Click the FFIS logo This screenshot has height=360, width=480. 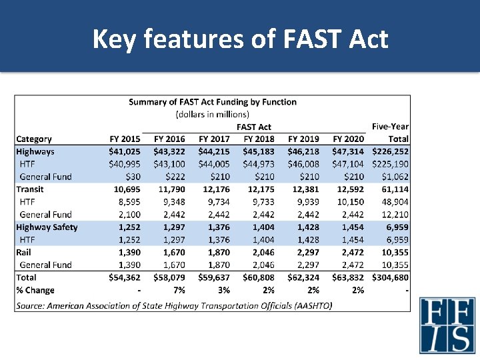[447, 325]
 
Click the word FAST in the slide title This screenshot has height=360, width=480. [311, 39]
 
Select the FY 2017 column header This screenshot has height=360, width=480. [214, 139]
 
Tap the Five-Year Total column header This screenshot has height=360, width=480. [390, 133]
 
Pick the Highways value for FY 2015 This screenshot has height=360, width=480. [124, 151]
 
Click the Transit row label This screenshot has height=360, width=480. [30, 189]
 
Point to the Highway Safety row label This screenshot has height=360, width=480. [47, 227]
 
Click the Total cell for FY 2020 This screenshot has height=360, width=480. [348, 277]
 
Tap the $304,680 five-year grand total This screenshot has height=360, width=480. [390, 277]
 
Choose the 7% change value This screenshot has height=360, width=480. [179, 290]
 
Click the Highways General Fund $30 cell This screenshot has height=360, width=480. [133, 177]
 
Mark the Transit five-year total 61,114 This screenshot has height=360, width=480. [395, 189]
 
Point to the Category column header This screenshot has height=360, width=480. [34, 139]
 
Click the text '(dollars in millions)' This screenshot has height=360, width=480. [213, 115]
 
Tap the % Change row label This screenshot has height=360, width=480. [35, 290]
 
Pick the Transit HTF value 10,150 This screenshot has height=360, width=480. [351, 202]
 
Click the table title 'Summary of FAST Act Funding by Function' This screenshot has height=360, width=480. [213, 102]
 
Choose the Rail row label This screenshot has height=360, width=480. [23, 252]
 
